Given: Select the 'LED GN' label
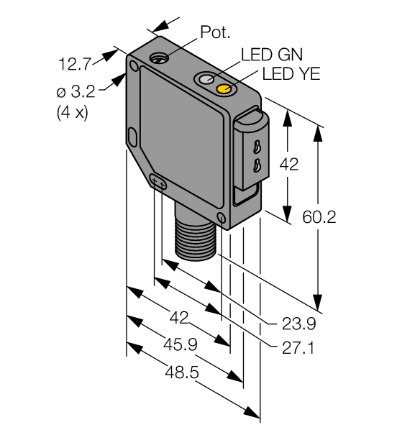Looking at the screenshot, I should (x=271, y=55).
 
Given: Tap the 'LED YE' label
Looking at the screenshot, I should (x=291, y=73).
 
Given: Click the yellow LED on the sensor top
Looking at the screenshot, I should (x=225, y=89).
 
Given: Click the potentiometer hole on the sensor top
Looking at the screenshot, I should (x=160, y=57).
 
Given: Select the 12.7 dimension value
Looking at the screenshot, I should (x=73, y=64).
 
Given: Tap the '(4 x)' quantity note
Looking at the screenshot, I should (x=72, y=113).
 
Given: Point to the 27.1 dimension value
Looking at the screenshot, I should (x=297, y=347).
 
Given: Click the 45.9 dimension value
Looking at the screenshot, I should (x=181, y=344).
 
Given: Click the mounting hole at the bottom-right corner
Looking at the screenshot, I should (x=221, y=218).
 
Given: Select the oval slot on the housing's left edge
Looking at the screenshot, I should (x=132, y=135).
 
